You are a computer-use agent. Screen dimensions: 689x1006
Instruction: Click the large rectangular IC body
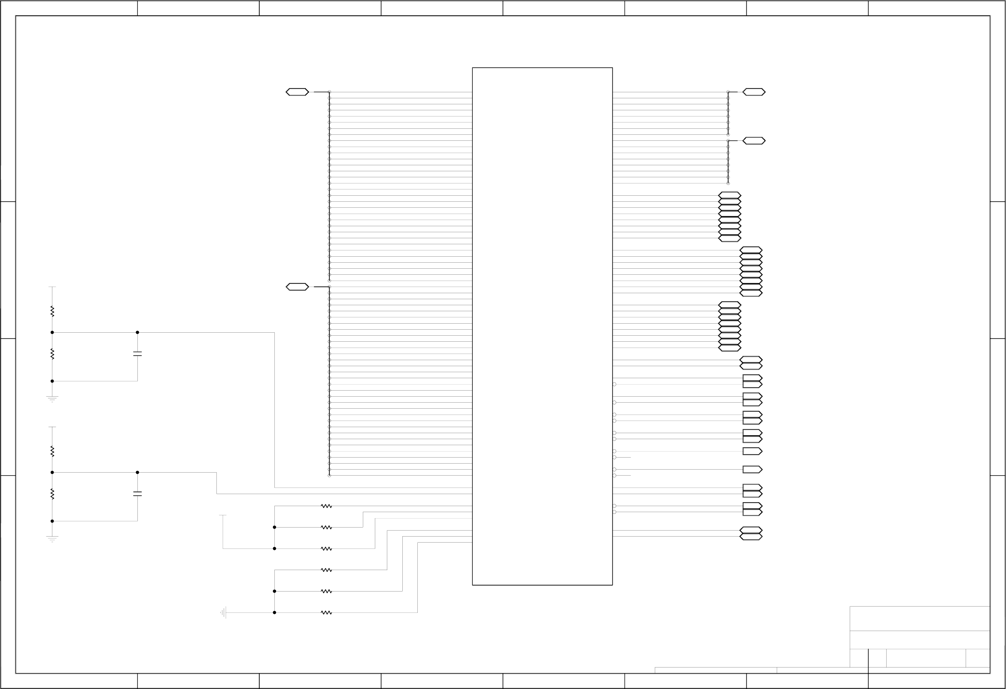(542, 326)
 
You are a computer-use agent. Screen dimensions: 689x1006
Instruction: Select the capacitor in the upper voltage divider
(137, 354)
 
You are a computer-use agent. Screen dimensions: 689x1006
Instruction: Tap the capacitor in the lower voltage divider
(137, 494)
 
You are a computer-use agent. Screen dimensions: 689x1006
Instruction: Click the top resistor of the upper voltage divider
(52, 311)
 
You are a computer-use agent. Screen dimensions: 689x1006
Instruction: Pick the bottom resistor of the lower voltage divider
(52, 494)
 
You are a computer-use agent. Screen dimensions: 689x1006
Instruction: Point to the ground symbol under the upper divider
(52, 399)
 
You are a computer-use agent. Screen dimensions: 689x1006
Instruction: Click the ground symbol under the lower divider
(52, 539)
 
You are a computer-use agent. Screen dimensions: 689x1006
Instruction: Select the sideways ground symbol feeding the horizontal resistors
(223, 613)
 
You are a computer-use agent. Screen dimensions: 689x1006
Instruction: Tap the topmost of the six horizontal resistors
(326, 506)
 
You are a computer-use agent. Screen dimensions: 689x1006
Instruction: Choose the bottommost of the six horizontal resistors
(326, 613)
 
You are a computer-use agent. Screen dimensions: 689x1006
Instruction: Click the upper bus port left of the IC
(298, 92)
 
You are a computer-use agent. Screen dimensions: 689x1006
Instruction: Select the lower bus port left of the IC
(298, 286)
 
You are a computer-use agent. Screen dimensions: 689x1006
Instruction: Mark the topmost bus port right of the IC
(754, 92)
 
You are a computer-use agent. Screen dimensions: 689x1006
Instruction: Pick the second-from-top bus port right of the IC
(754, 141)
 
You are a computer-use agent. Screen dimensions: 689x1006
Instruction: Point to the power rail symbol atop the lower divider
(52, 427)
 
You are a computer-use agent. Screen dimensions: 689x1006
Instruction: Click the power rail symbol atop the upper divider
(52, 287)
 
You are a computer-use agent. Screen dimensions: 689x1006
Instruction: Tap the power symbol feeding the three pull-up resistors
(223, 516)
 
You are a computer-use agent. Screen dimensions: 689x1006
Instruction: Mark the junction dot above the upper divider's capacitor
(137, 332)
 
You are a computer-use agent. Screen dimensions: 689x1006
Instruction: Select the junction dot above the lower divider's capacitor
(137, 472)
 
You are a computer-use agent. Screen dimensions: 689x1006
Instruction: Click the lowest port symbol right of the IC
(751, 537)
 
